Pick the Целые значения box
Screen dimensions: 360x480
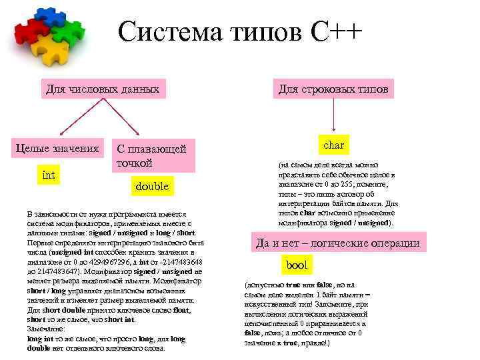point(57,147)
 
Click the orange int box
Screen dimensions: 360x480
point(49,175)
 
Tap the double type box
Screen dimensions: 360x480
point(152,187)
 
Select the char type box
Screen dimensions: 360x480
point(333,145)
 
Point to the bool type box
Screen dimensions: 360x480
point(297,265)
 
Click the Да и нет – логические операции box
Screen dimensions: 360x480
point(337,243)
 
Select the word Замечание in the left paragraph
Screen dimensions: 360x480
point(46,329)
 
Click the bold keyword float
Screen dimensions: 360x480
point(181,310)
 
